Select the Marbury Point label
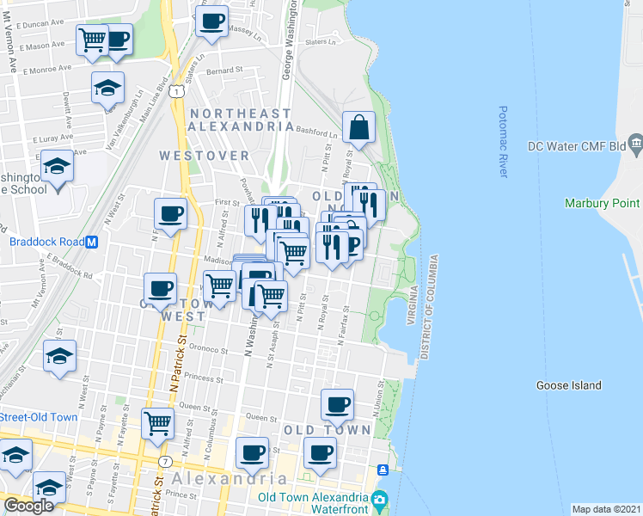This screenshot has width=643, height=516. coord(602,203)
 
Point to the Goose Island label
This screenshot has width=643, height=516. coord(568,385)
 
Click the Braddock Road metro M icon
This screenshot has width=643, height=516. coord(92,242)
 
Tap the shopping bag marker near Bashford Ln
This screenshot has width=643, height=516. coord(358,128)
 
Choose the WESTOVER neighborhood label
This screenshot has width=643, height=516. coord(204,156)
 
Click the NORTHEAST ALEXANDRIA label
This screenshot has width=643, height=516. coord(242,120)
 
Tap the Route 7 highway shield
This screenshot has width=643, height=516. coord(162,462)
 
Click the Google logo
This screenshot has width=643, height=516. coord(29,506)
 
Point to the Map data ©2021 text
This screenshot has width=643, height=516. coord(606,509)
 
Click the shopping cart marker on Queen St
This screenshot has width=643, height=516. coord(158,423)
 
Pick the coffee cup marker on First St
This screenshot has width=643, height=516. coord(170,214)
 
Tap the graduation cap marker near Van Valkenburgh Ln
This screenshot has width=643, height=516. coord(108,87)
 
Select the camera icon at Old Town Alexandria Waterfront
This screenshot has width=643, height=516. coord(379,500)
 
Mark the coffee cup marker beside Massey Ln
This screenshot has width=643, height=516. coord(211,21)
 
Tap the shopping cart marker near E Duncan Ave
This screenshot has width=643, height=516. coord(92,39)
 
